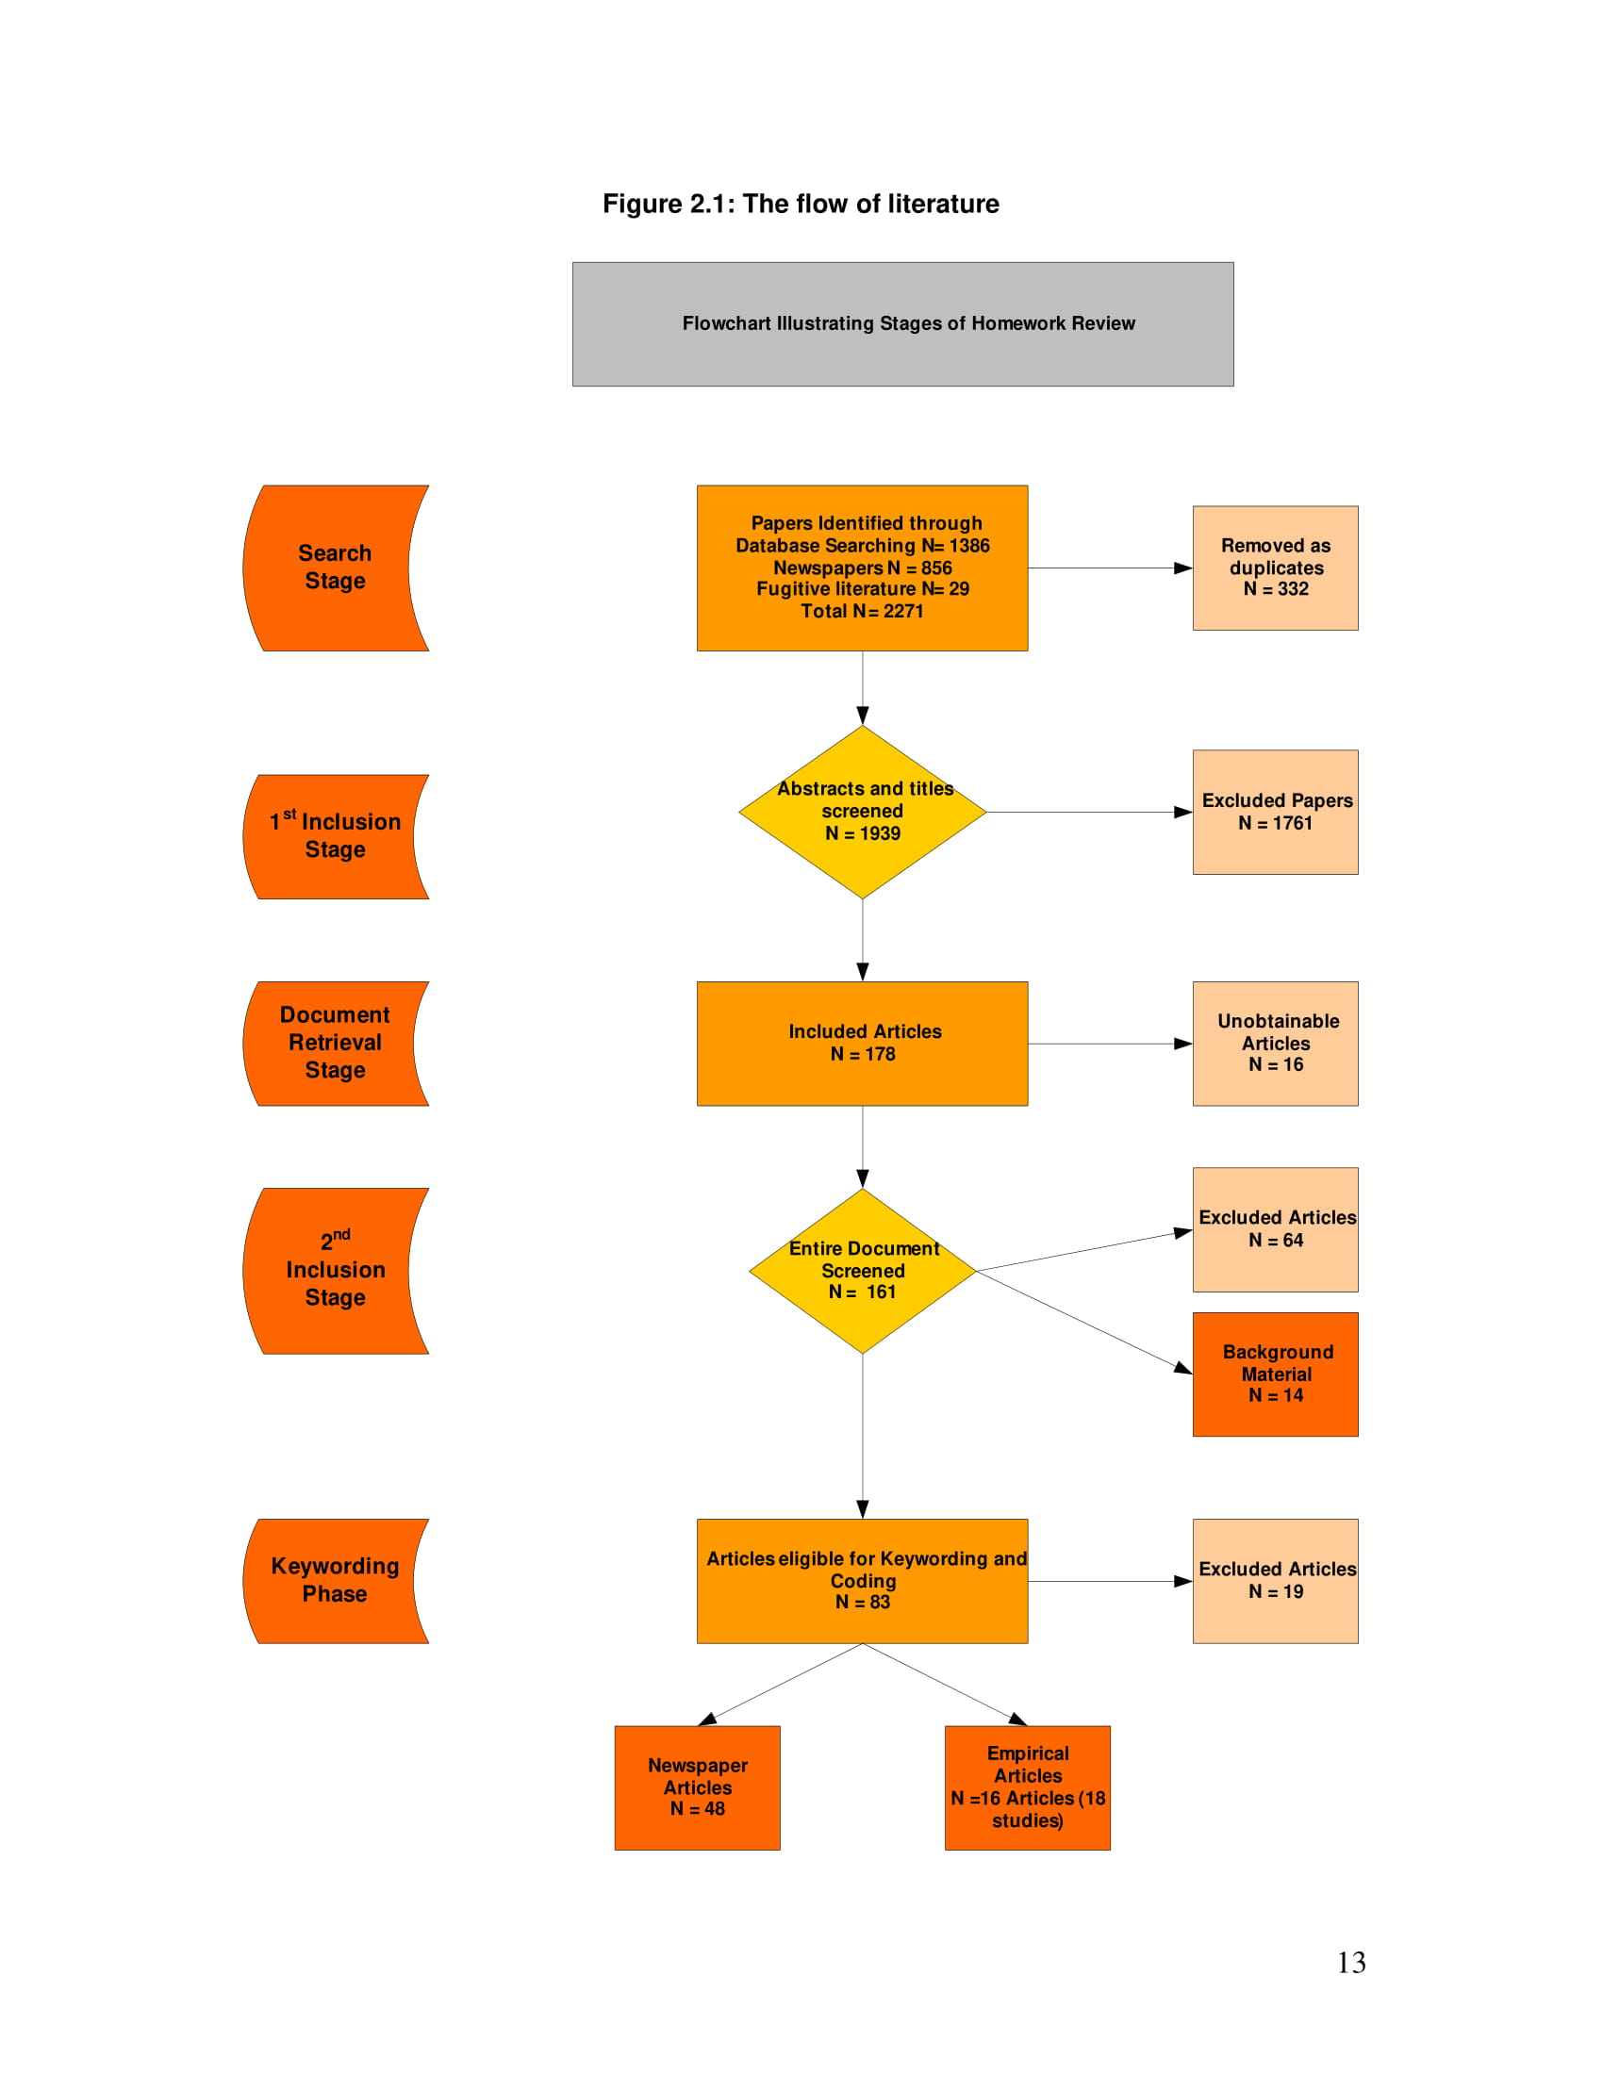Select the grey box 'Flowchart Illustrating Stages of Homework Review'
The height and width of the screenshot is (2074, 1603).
902,323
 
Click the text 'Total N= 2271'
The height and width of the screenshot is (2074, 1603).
861,612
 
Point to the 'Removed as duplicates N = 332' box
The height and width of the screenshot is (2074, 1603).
1275,568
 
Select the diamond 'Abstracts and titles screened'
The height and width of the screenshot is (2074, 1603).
861,812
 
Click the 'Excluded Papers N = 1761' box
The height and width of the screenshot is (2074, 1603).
1275,812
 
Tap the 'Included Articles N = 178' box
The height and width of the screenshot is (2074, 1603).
861,1043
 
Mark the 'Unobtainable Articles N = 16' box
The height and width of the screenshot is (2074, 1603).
1275,1043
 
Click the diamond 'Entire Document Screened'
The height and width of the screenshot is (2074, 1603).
861,1271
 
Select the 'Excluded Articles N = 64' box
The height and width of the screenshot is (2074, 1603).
1275,1228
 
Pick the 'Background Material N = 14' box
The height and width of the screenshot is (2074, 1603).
1275,1374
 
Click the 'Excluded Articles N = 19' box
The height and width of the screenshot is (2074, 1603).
1275,1580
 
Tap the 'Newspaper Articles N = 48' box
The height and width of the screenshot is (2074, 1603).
697,1787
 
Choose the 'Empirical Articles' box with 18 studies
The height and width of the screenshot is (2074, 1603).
1027,1787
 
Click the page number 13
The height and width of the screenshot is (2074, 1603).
1350,1963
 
